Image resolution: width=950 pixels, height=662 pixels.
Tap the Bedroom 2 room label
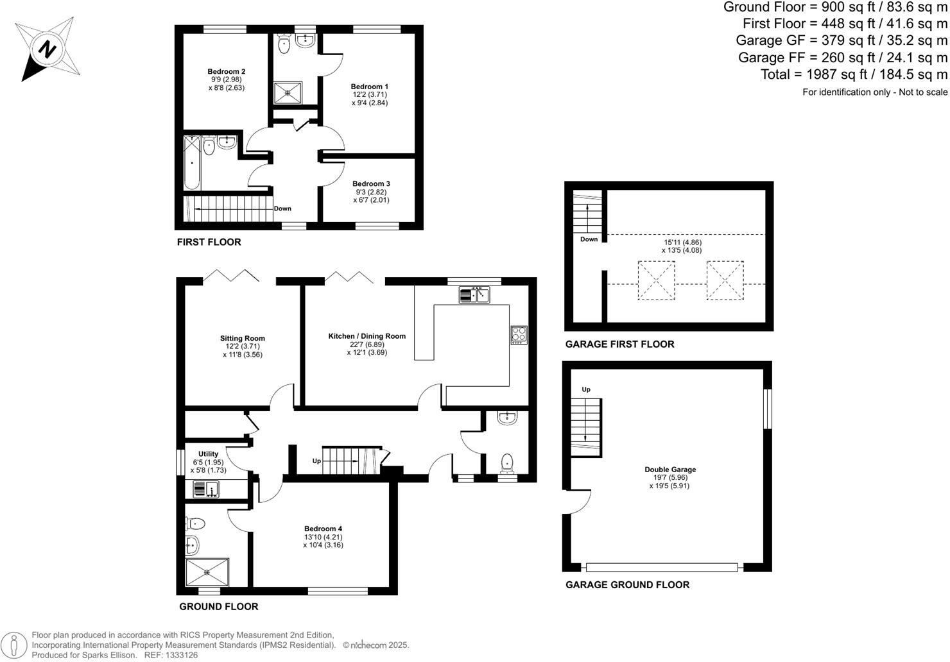tap(226, 72)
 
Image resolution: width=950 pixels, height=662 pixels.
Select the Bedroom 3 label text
tap(371, 184)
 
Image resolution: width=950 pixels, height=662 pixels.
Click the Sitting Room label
tap(242, 339)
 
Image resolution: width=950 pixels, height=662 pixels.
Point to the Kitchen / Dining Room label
tap(367, 336)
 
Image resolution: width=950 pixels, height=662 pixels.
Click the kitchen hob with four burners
tap(519, 335)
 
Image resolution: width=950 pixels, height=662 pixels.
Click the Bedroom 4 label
tap(324, 529)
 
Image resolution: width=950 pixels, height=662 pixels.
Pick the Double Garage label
tap(670, 470)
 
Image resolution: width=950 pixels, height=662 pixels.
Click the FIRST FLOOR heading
tap(209, 242)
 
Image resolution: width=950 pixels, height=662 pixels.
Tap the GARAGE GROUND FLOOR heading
tap(627, 585)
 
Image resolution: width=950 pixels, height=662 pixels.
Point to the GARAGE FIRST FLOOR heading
tap(619, 344)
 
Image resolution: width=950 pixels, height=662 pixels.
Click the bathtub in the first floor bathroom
tap(192, 163)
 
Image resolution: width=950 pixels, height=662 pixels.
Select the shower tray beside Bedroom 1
tap(288, 92)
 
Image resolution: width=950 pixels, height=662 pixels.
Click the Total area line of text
tap(854, 74)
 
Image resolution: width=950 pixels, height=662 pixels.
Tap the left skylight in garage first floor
tap(656, 280)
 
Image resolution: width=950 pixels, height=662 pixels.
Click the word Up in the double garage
tap(586, 389)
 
